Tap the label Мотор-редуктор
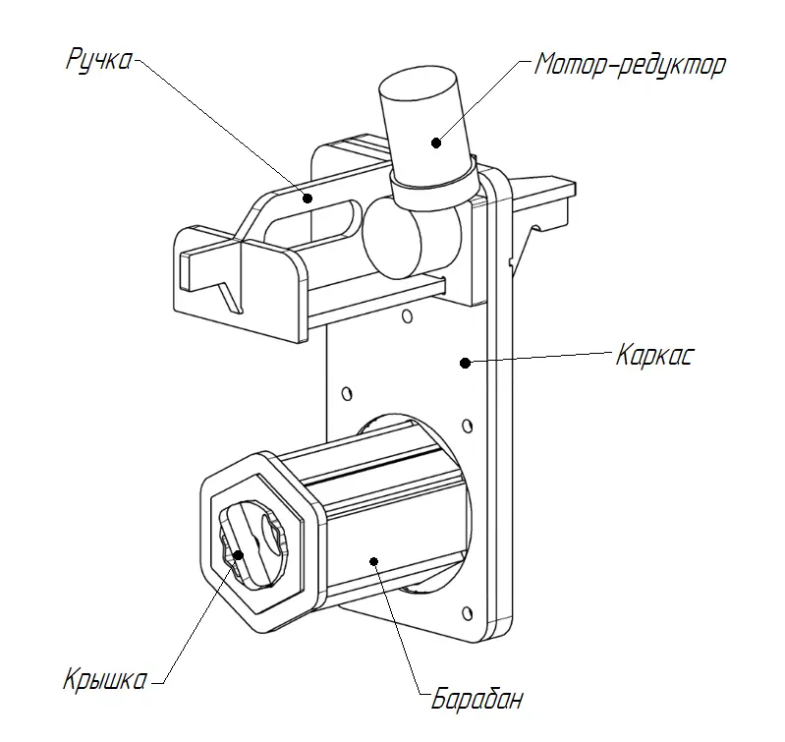pos(630,66)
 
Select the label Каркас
pos(654,355)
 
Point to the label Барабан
pos(477,701)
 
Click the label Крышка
pos(105,679)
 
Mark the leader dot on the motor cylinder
pos(435,141)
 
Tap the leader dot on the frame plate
pos(463,363)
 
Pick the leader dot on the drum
pos(373,561)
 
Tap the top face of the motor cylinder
pos(421,86)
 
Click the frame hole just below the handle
pos(404,317)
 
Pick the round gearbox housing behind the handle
pos(393,241)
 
